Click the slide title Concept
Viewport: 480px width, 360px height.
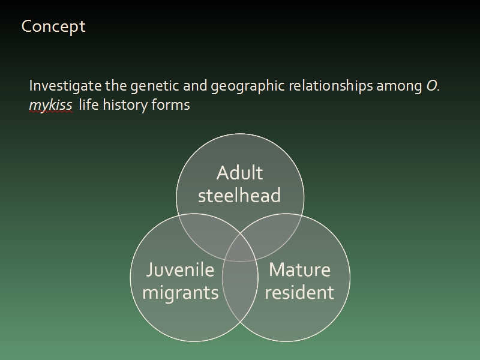click(53, 26)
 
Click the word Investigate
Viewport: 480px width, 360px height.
click(65, 86)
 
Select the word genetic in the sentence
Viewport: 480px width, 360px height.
click(155, 86)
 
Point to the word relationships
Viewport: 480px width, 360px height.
click(331, 85)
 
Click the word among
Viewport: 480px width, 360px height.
click(399, 86)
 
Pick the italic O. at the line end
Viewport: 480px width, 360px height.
click(433, 86)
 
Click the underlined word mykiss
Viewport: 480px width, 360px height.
click(50, 106)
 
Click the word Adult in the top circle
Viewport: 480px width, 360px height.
click(239, 173)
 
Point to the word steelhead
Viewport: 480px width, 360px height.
click(239, 196)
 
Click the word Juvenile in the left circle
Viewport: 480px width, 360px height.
click(180, 269)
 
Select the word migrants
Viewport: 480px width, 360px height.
click(181, 293)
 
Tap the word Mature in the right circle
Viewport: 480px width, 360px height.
click(299, 269)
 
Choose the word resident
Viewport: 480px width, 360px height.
click(299, 292)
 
